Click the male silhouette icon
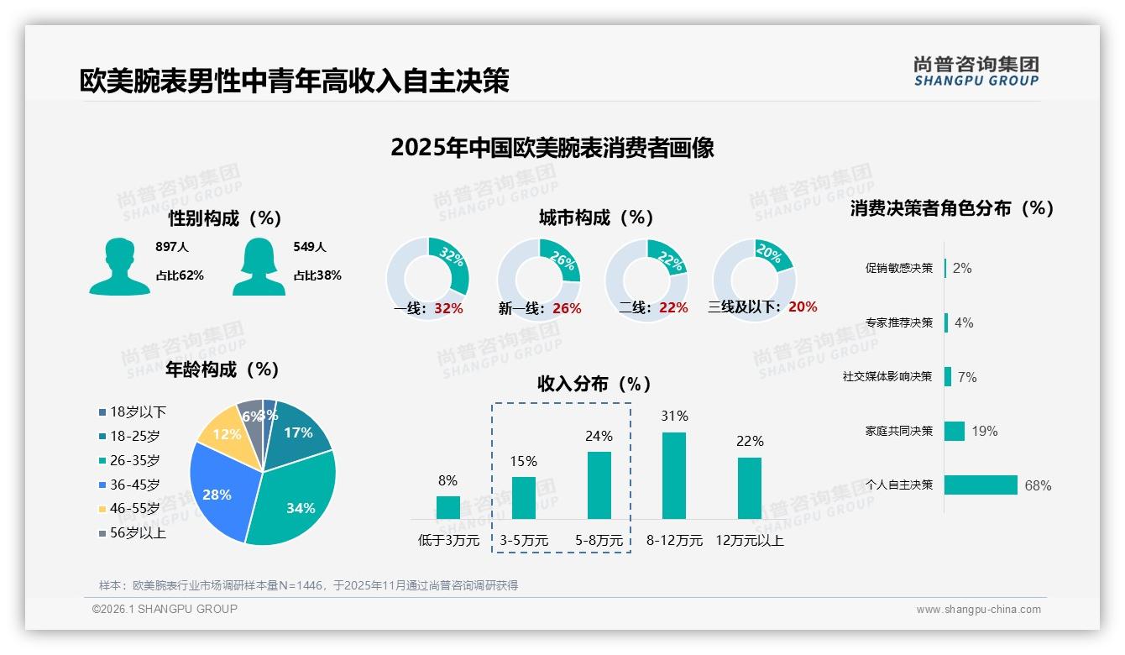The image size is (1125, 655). point(119,266)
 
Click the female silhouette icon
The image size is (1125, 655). point(259,266)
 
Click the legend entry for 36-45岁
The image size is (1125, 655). point(134,485)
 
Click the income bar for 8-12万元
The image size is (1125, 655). point(674,475)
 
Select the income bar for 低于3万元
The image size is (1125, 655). point(448,507)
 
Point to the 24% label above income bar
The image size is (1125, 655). point(599,436)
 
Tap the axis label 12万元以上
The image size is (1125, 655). point(750,541)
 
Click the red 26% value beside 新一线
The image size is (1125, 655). point(567,309)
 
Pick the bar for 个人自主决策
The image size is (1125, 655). point(981,485)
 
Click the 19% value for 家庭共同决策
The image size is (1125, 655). point(985,431)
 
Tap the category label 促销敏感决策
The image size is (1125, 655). point(898,268)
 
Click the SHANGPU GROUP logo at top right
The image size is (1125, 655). point(976,71)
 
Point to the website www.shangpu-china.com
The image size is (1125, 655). point(978,610)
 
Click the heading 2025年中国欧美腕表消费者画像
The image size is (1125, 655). point(552,148)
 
